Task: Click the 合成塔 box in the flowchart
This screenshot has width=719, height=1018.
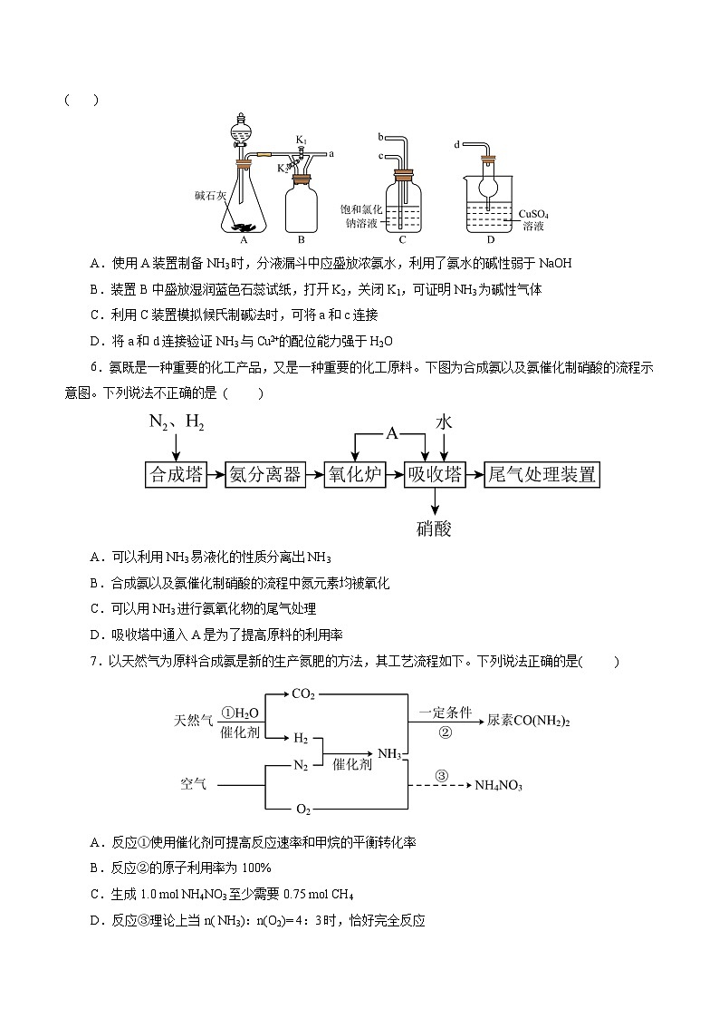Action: (176, 474)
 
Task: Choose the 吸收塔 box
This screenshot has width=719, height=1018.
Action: (435, 474)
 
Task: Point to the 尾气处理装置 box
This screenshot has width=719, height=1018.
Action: (542, 474)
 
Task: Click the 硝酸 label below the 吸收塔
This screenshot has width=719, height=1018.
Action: (435, 528)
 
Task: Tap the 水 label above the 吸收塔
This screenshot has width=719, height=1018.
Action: (444, 422)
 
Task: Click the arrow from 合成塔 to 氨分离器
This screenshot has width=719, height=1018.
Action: (215, 474)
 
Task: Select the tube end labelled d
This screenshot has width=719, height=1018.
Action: (457, 142)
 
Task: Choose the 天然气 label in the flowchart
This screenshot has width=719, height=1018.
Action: (194, 722)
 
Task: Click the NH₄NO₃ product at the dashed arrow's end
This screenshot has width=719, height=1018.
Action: (499, 785)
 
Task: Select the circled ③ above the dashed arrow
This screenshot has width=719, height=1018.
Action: (442, 775)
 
